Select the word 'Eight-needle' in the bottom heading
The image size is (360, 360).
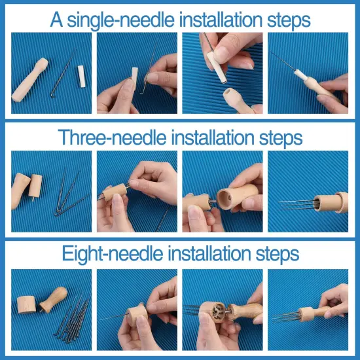click(x=111, y=254)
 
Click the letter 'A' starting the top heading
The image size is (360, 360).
click(x=58, y=19)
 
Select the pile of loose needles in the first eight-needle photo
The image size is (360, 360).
click(x=68, y=317)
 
